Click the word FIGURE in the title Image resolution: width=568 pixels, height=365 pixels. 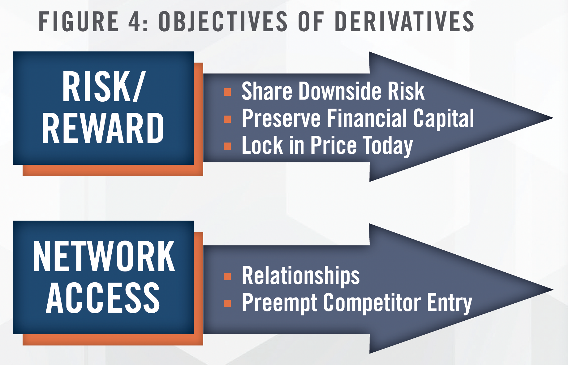pos(79,21)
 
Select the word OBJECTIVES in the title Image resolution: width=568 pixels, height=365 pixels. pos(223,21)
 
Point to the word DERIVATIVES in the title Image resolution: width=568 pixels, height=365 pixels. pos(405,21)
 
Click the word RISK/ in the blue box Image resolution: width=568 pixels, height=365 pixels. pos(103,86)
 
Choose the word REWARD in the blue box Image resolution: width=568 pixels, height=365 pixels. pos(103,128)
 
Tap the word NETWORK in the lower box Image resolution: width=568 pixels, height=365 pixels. pos(104,256)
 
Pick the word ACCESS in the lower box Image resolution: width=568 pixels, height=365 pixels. pos(103,297)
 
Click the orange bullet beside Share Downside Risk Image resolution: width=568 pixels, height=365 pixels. pos(227,92)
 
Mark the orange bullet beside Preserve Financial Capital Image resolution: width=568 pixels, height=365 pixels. pos(227,119)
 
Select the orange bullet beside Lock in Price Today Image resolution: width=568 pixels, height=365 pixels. pos(227,146)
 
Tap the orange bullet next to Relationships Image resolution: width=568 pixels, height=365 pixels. pos(227,276)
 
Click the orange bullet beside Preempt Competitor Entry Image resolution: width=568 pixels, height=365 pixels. pos(227,303)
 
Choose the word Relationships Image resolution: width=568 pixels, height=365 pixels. pos(301,276)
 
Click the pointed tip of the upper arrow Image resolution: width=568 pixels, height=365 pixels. pos(553,118)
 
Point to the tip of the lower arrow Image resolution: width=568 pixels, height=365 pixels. pos(553,290)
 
